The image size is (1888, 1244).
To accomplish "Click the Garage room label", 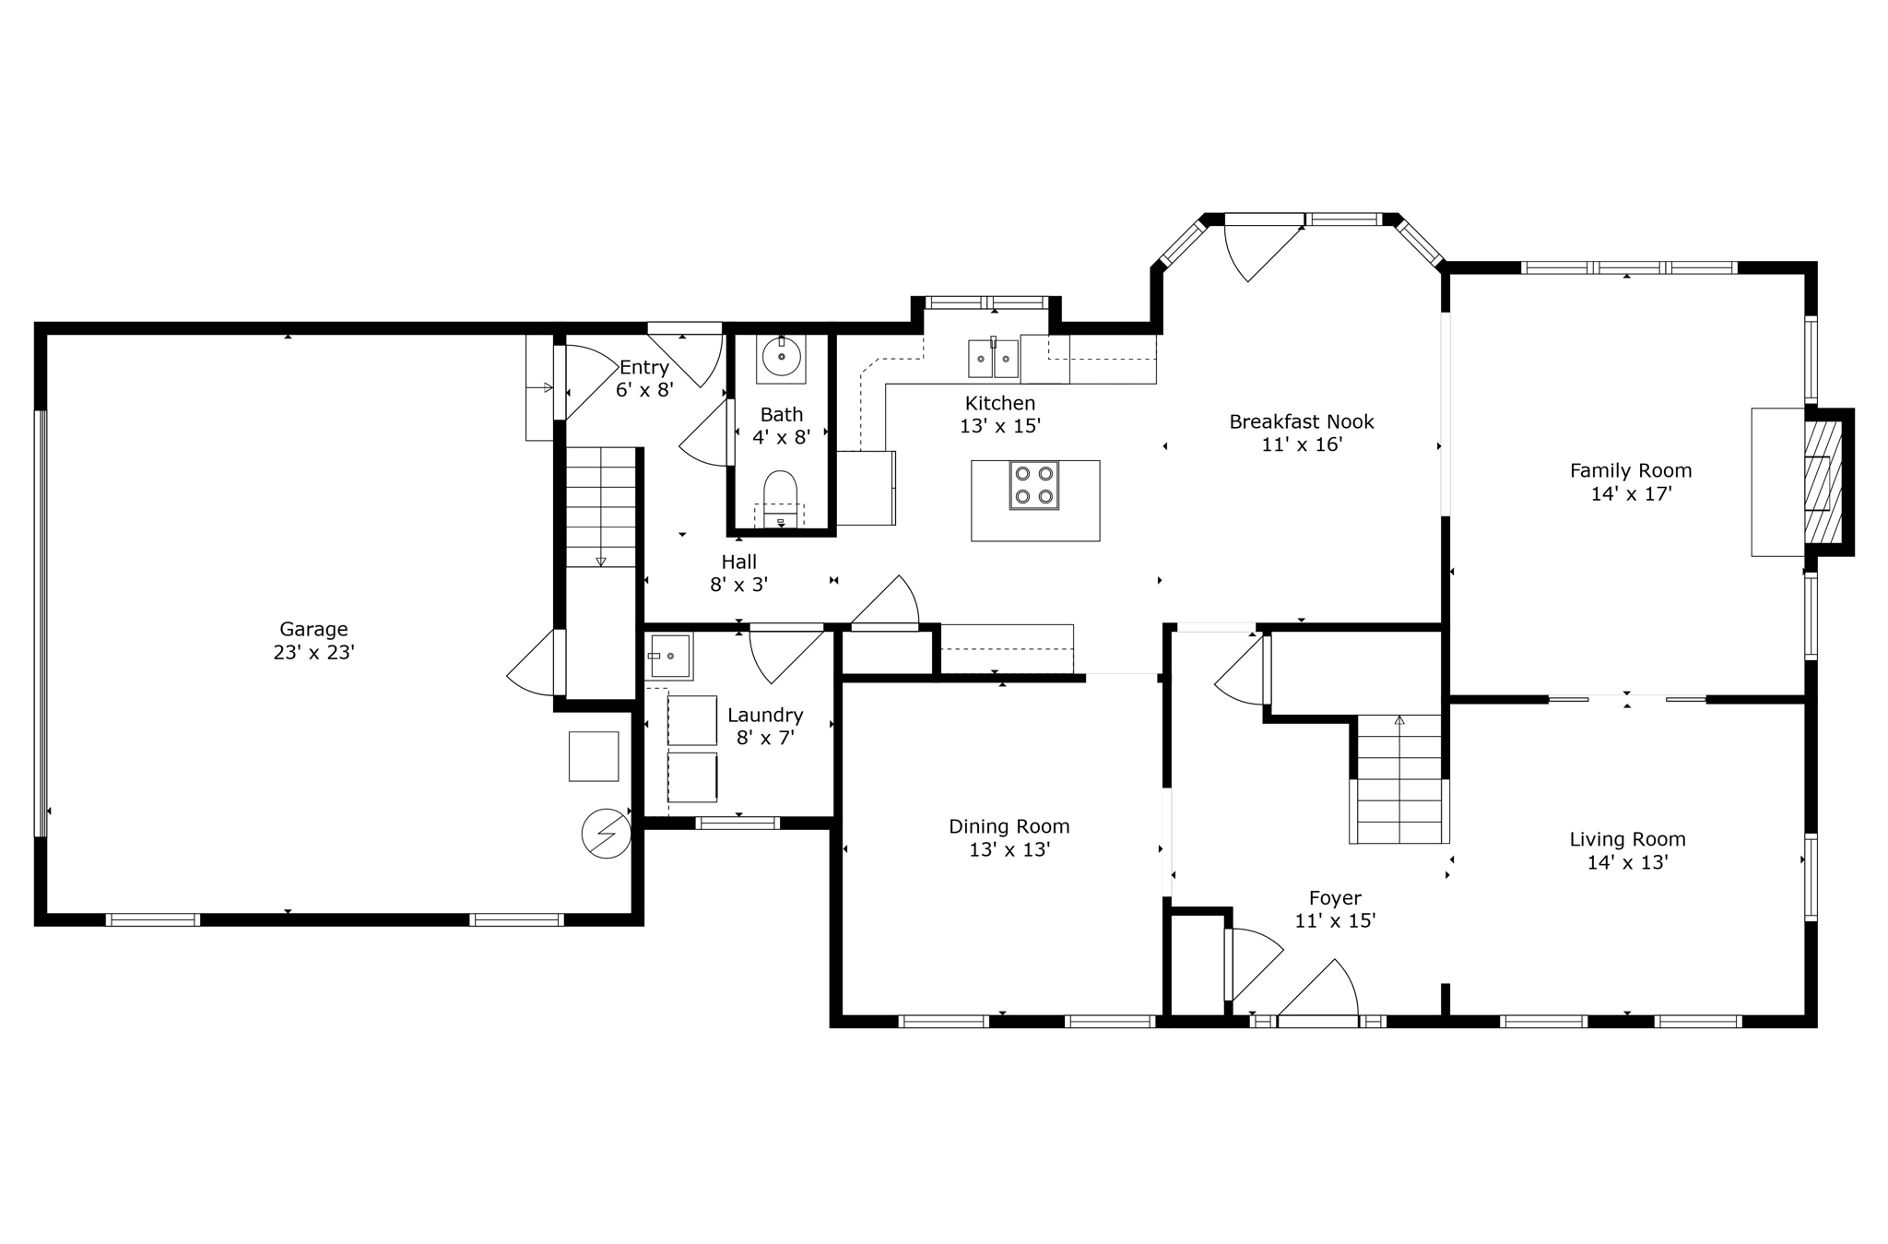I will pos(313,629).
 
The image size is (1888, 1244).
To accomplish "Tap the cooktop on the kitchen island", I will pos(1033,485).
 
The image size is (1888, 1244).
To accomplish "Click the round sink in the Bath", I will pos(781,358).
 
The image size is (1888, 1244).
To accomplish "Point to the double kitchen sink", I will pos(993,359).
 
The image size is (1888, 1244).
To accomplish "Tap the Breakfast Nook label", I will pos(1301,421).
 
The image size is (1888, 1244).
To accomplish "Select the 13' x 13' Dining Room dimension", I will pos(1009,850).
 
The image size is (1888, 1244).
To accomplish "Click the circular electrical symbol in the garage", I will pos(606,834).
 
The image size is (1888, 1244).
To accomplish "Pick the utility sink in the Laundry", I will pos(668,656).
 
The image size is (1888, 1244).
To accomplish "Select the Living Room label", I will pos(1627,839).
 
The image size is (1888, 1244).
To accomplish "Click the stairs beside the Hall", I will pos(600,507).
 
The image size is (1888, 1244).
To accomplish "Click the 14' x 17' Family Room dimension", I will pos(1631,493).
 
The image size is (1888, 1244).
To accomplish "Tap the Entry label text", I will pos(643,367).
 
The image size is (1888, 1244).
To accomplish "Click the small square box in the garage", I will pos(593,756).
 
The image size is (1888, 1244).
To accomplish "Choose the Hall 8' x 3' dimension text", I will pos(738,585).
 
